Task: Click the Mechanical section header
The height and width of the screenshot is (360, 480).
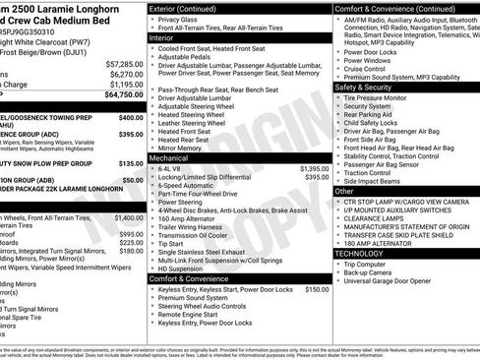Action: [x=169, y=156]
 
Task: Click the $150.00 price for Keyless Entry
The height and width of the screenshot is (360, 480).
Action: [x=317, y=290]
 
